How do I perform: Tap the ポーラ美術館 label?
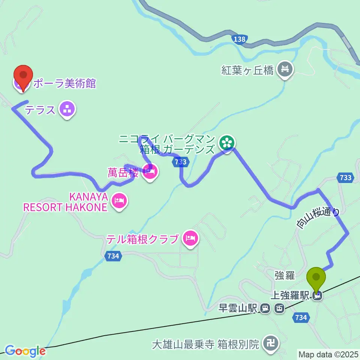64,83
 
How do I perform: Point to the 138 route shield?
239,39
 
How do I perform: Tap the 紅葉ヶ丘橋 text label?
247,70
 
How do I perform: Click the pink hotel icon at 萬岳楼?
150,172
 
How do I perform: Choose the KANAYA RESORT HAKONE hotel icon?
119,201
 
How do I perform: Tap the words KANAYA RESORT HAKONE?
65,202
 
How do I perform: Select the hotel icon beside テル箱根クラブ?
190,238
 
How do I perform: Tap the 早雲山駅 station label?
238,308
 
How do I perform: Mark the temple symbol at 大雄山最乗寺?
270,343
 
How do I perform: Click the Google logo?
25,351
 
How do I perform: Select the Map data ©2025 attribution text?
328,354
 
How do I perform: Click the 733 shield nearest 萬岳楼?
181,162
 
